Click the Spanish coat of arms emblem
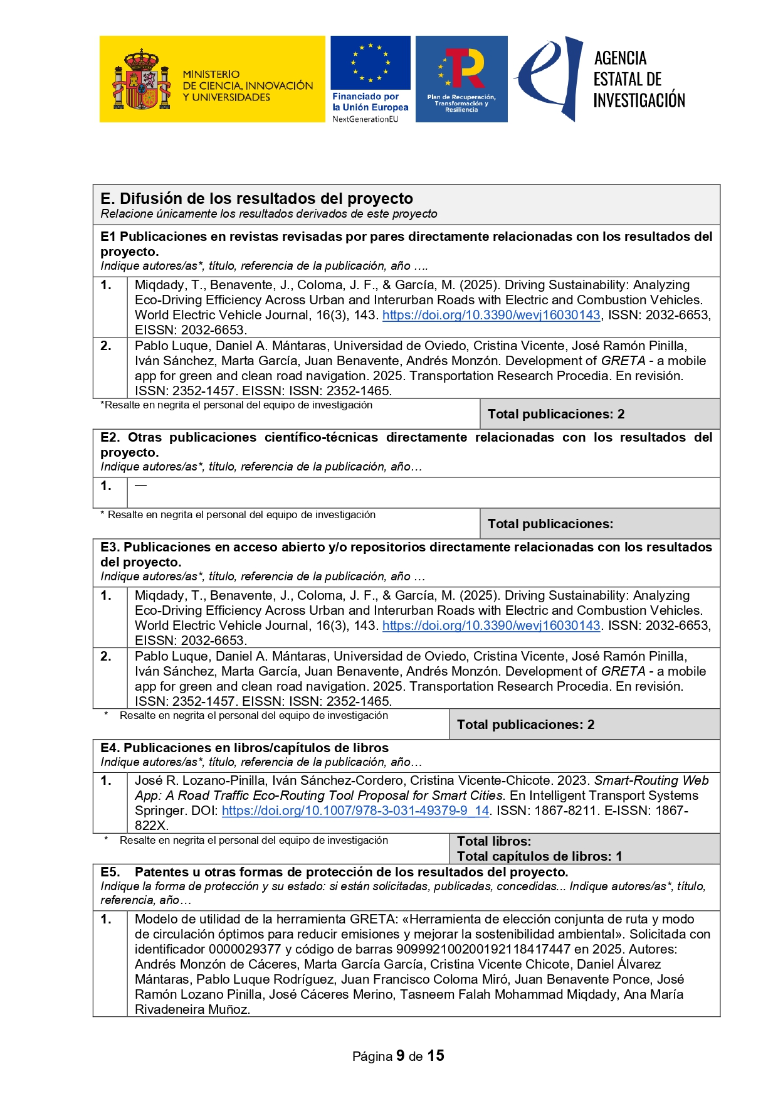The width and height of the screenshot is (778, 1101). pyautogui.click(x=141, y=80)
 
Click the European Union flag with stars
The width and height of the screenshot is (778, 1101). pyautogui.click(x=370, y=63)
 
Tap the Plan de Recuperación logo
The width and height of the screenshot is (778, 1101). pyautogui.click(x=461, y=78)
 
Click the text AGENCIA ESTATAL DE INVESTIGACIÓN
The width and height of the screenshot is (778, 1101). pyautogui.click(x=638, y=79)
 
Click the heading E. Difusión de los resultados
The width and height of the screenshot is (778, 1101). pyautogui.click(x=256, y=199)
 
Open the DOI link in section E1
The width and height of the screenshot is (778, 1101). pyautogui.click(x=491, y=315)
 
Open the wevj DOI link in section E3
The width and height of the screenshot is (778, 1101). pyautogui.click(x=491, y=625)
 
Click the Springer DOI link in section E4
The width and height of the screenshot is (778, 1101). pyautogui.click(x=355, y=811)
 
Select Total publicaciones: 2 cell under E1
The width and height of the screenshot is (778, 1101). pyautogui.click(x=555, y=414)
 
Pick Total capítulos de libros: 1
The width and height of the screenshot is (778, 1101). pyautogui.click(x=539, y=856)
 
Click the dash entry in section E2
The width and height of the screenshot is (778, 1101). pyautogui.click(x=140, y=485)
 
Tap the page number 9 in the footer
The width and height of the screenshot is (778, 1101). pyautogui.click(x=400, y=1056)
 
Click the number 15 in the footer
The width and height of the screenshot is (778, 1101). pyautogui.click(x=436, y=1056)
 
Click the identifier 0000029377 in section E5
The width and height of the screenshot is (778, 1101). pyautogui.click(x=244, y=949)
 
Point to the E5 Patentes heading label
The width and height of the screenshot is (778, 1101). pyautogui.click(x=351, y=872)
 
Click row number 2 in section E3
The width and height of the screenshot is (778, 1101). pyautogui.click(x=107, y=656)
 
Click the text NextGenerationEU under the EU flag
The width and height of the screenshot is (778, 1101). pyautogui.click(x=365, y=119)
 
